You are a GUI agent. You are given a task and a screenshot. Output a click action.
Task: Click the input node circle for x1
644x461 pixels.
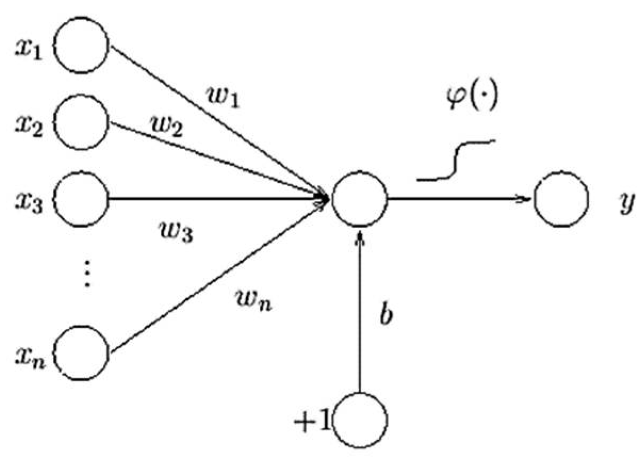tap(82, 45)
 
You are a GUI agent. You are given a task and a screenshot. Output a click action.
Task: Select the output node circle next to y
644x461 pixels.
tap(562, 200)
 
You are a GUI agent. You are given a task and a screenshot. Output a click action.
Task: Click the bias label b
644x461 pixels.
tap(386, 315)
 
